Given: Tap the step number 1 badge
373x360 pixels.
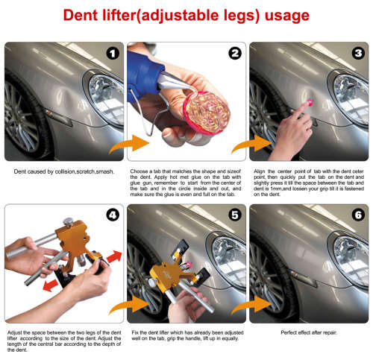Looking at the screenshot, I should pos(112,54).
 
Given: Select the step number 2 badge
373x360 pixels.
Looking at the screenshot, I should pos(233,54).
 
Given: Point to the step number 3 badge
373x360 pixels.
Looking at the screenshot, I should pos(357,54).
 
